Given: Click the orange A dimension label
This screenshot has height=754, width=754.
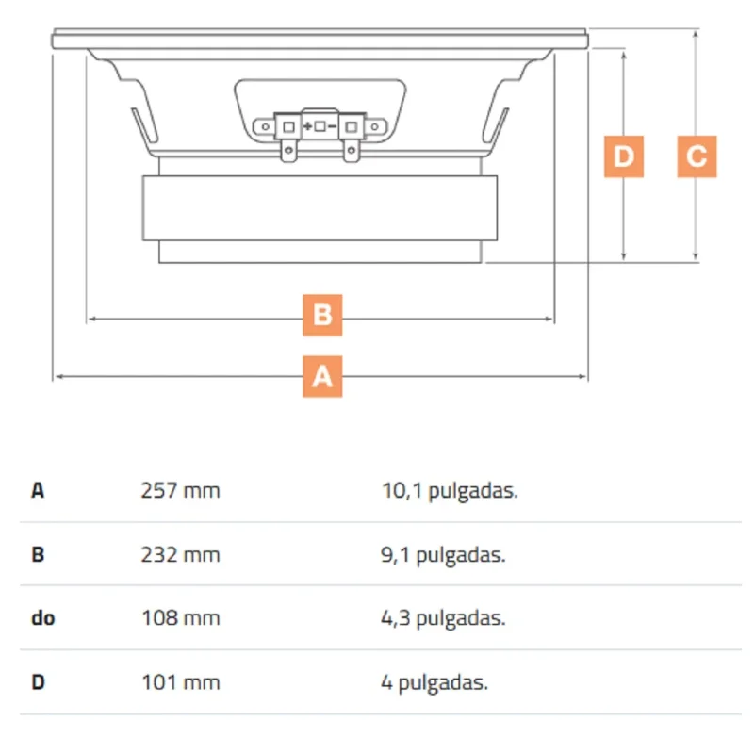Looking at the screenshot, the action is click(322, 376).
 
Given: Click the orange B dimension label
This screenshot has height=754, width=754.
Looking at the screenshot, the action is click(322, 315).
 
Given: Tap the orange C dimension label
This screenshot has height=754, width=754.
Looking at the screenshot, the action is click(697, 156).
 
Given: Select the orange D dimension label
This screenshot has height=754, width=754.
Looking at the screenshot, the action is click(624, 156).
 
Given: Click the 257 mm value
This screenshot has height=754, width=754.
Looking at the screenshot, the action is click(180, 491).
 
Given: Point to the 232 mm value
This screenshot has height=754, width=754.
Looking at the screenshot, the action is click(180, 555).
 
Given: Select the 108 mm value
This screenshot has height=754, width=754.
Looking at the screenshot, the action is click(180, 618).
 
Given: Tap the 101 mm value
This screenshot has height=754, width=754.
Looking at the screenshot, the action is click(180, 682).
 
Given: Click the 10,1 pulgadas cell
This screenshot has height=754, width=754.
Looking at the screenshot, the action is click(450, 491).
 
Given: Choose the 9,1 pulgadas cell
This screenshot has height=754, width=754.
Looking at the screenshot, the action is click(443, 555).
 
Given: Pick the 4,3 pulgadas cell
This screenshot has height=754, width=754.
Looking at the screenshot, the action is click(443, 619).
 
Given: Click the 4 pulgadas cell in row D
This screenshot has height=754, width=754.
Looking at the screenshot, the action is click(434, 682).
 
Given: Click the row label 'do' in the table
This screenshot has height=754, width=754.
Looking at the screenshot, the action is click(42, 618).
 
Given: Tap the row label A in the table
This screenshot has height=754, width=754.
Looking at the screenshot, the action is click(38, 491).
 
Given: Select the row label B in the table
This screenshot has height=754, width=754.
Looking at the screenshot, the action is click(38, 555).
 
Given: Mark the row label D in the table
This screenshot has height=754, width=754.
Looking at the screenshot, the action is click(38, 682).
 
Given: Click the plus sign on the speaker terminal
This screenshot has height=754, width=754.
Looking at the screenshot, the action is click(307, 126).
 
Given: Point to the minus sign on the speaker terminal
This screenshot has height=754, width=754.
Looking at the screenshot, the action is click(332, 127).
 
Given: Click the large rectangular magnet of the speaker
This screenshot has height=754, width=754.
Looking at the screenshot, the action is click(320, 207).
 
